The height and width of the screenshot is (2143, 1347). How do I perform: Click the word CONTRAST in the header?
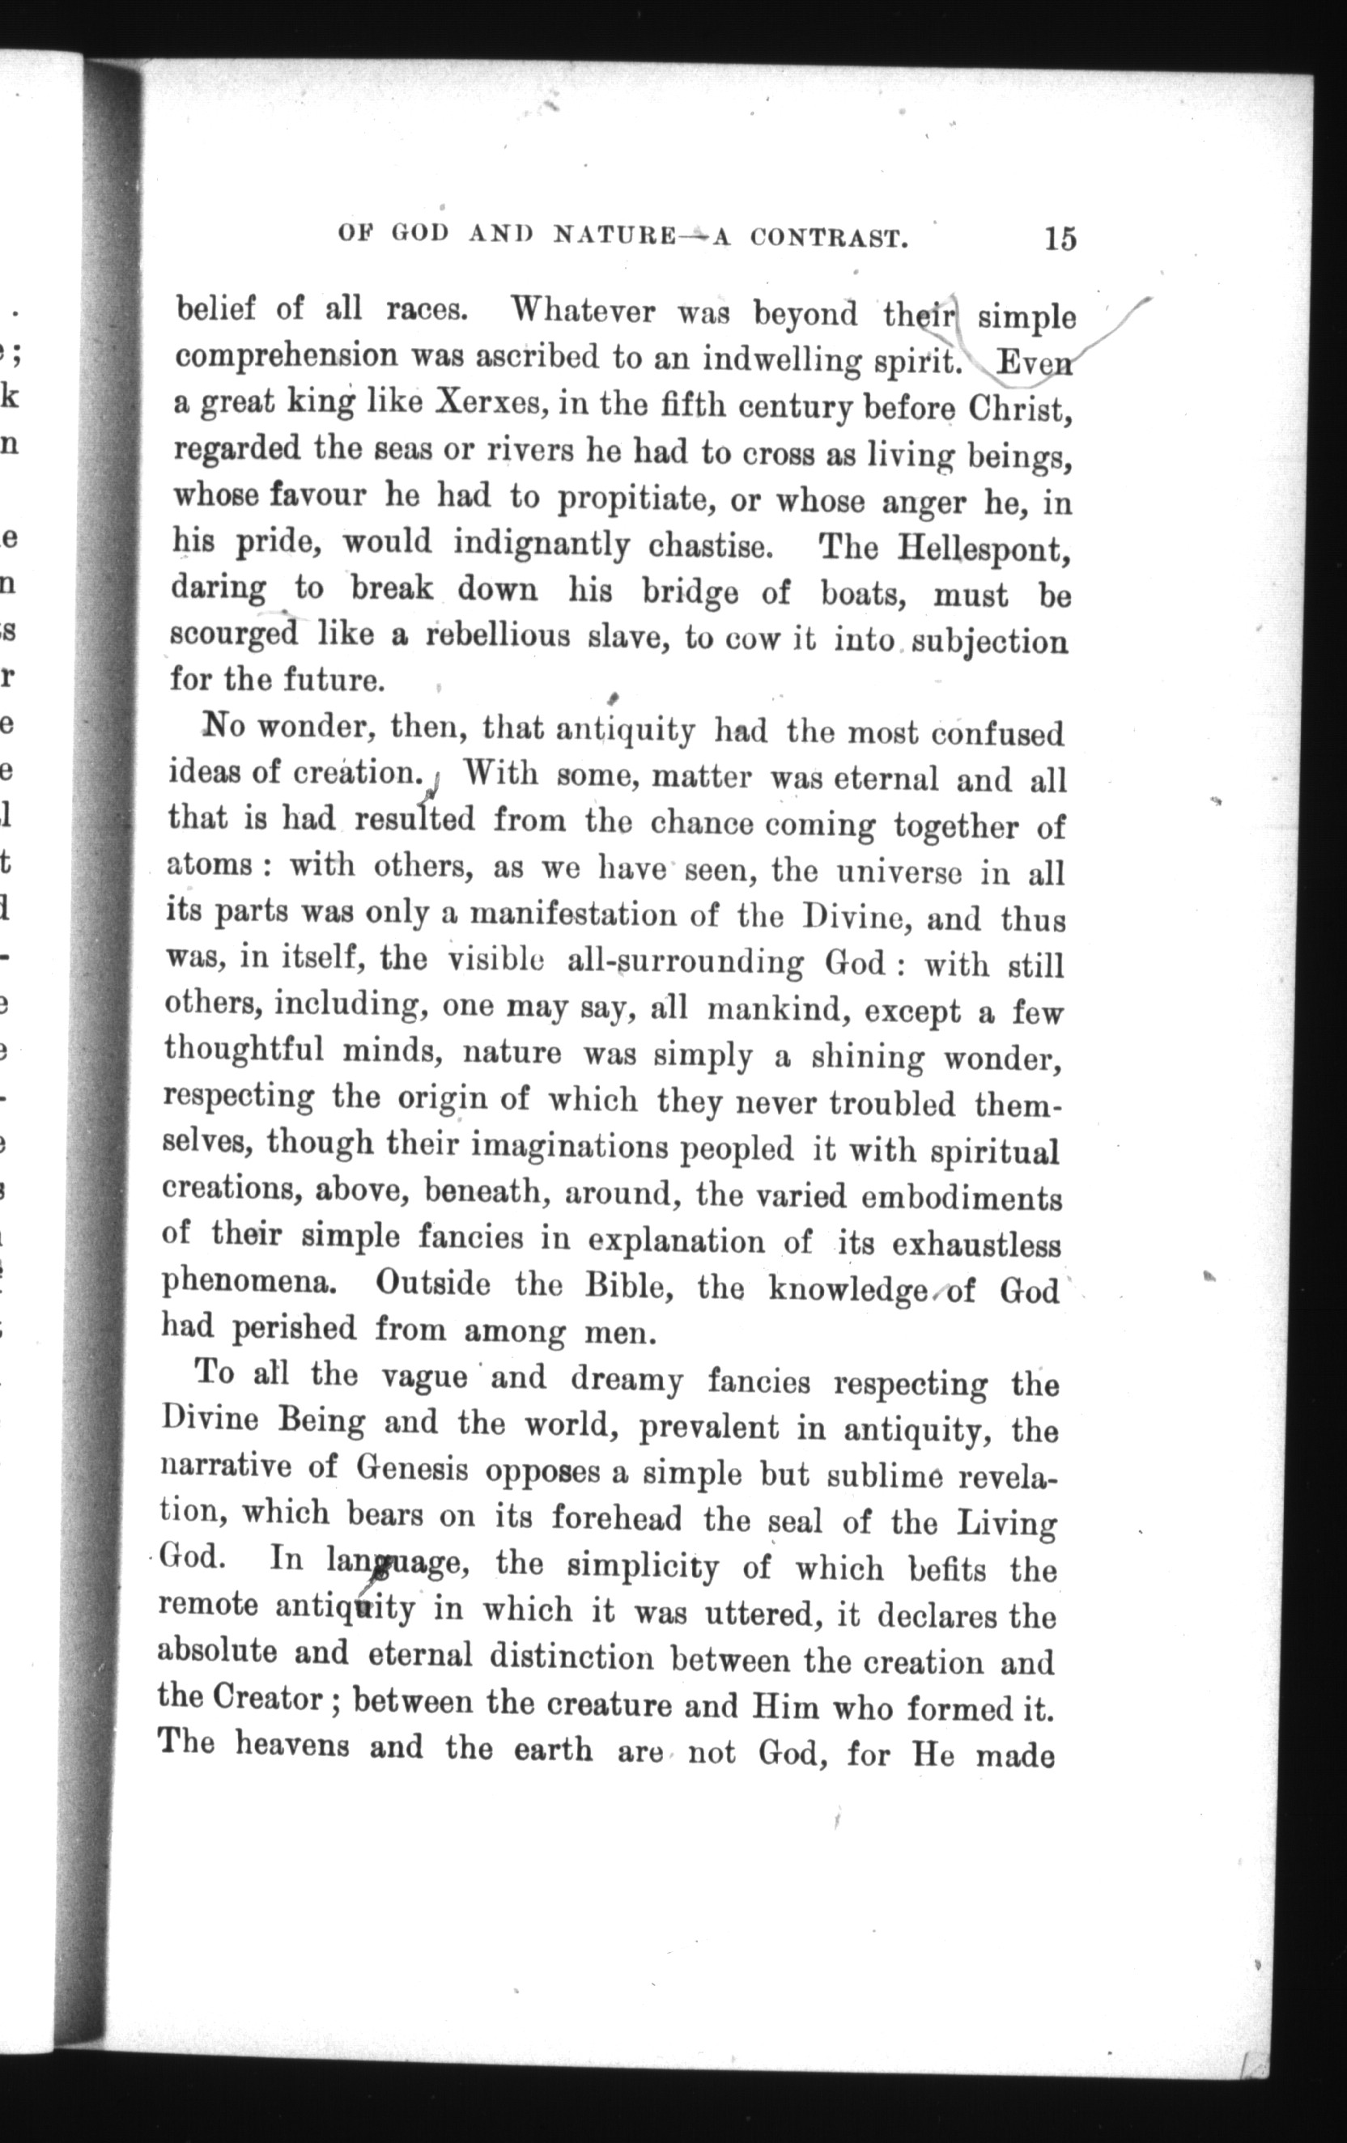point(828,238)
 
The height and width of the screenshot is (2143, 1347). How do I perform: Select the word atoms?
point(209,865)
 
